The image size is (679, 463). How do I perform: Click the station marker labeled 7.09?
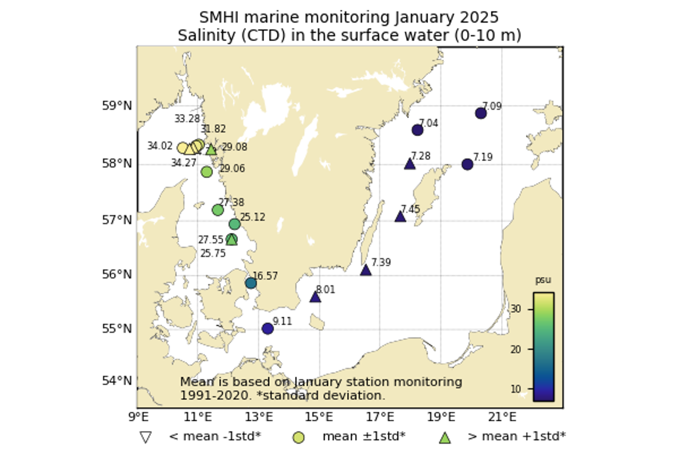coord(481,113)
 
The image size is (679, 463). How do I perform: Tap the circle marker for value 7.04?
coord(417,130)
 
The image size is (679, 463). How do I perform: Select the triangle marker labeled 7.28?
coord(410,164)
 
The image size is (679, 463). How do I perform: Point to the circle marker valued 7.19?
coord(468,164)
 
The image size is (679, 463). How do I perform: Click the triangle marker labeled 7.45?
coord(400,217)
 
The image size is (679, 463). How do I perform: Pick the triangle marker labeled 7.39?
coord(366,270)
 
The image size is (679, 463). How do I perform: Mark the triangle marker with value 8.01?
coord(315,297)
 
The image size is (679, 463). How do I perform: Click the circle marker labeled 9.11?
coord(268,328)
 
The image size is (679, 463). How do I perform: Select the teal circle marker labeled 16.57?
coord(251,283)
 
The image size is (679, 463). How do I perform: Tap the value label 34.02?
coord(160,146)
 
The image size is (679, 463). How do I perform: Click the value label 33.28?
coord(187,119)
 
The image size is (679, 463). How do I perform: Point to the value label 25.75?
coord(213,253)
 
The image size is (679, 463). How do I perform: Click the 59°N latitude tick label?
coord(117,105)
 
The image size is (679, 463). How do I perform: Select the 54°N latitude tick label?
coord(117,381)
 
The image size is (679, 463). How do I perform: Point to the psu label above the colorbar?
coord(543,280)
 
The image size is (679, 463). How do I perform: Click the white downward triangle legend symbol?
coord(145,437)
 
